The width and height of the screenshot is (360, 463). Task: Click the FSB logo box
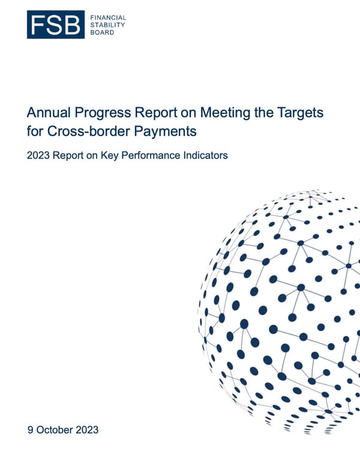pyautogui.click(x=55, y=25)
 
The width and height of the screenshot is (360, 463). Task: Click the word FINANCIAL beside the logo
pyautogui.click(x=109, y=18)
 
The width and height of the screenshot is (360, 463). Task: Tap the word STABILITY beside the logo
pyautogui.click(x=108, y=25)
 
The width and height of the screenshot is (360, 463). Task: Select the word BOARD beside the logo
pyautogui.click(x=102, y=32)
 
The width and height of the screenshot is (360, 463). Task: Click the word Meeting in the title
pyautogui.click(x=223, y=112)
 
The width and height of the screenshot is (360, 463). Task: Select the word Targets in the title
pyautogui.click(x=304, y=112)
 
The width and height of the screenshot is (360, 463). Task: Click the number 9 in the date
pyautogui.click(x=30, y=430)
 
